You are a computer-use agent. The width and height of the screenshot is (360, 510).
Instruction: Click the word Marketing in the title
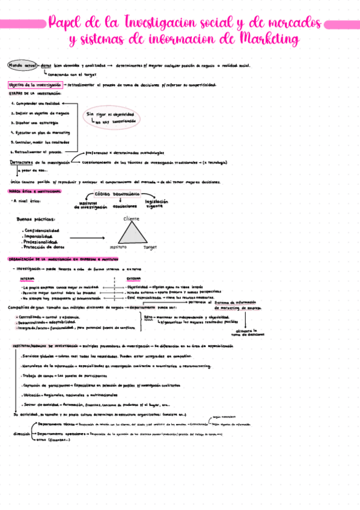[269, 40]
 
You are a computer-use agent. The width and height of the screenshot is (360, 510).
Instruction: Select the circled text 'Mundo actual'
[21, 65]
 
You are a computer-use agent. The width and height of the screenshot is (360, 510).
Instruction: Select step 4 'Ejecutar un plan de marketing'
[40, 132]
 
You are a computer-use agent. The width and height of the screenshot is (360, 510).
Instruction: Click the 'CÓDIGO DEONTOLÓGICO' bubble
[117, 194]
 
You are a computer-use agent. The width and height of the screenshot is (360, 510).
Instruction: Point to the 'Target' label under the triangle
[149, 247]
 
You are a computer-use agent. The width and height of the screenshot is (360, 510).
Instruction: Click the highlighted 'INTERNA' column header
[28, 279]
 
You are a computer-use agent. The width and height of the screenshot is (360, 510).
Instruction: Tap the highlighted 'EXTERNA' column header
[133, 279]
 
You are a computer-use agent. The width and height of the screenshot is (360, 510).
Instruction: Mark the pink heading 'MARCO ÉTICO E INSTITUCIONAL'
[34, 191]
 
